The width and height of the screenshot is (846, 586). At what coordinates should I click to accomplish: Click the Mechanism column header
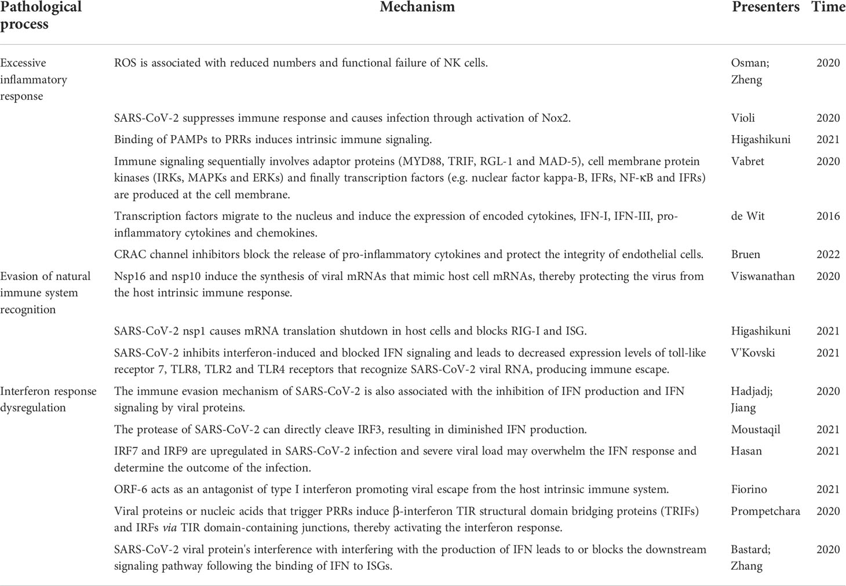click(x=417, y=8)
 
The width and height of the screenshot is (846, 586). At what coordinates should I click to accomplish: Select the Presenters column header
click(x=765, y=8)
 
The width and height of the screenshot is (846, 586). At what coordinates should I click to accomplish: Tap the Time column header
click(x=828, y=8)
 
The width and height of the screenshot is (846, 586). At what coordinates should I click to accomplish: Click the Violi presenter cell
click(x=743, y=118)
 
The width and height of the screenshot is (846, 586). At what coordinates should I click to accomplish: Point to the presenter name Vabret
click(x=747, y=162)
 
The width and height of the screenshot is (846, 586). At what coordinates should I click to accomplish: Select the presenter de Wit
click(x=747, y=216)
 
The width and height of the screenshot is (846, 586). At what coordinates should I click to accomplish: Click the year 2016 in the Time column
click(x=828, y=216)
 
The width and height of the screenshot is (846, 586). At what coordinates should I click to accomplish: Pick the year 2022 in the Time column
click(x=828, y=254)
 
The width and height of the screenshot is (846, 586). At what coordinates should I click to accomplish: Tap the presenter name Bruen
click(x=746, y=254)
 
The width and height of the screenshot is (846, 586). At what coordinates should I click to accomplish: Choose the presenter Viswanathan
click(x=763, y=276)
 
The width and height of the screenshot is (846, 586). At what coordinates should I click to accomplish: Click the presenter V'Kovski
click(x=753, y=353)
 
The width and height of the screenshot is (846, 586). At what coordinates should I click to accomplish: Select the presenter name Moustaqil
click(x=756, y=430)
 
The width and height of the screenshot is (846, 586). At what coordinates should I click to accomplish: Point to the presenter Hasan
click(x=746, y=451)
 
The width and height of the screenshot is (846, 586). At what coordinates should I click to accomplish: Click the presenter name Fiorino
click(x=749, y=490)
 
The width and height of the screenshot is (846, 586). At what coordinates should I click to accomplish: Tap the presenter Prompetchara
click(x=765, y=511)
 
